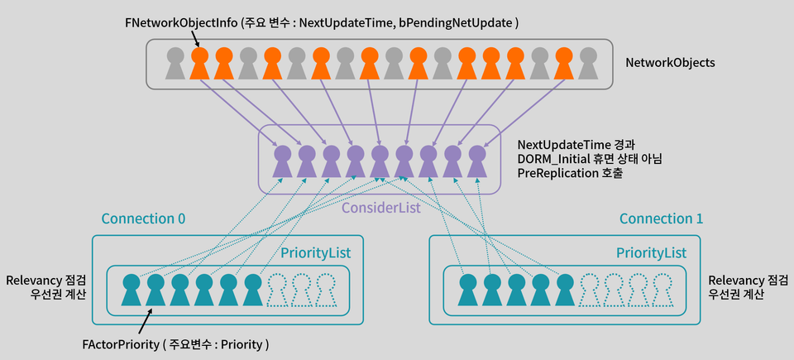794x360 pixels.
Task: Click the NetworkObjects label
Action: point(670,62)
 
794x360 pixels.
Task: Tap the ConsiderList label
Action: point(381,208)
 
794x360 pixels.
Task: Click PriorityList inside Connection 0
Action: point(314,252)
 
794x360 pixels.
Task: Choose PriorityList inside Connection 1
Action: point(652,252)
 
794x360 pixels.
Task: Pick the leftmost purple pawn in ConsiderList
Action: point(283,161)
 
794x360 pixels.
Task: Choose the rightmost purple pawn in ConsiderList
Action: point(476,161)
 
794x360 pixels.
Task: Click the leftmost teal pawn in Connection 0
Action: point(131,290)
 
